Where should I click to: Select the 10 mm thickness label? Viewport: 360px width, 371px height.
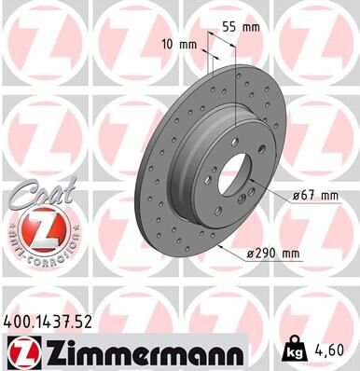pyautogui.click(x=179, y=45)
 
